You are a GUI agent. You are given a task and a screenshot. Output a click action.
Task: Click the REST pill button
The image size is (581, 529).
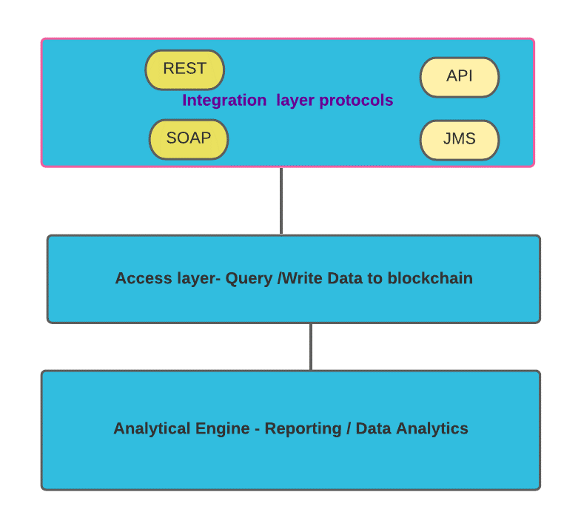(x=184, y=70)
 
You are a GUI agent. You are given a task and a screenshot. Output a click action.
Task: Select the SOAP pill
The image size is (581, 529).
(x=189, y=139)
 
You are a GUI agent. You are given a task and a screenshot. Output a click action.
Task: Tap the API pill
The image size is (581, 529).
(x=460, y=77)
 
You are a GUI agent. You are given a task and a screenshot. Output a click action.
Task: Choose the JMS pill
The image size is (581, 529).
(x=460, y=140)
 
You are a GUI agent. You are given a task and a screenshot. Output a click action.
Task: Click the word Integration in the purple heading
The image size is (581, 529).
(x=224, y=101)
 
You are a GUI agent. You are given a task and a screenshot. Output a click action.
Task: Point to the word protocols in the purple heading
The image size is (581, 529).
(x=356, y=101)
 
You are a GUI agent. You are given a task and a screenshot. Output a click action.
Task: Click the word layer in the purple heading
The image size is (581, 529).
(x=295, y=101)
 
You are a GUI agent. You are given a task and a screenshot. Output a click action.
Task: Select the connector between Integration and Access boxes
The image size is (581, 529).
(x=281, y=201)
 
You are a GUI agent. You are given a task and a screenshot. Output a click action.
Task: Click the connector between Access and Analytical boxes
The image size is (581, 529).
(x=311, y=347)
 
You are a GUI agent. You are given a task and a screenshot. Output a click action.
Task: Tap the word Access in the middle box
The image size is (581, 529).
(x=144, y=278)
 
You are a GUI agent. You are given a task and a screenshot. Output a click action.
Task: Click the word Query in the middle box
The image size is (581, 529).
(x=249, y=279)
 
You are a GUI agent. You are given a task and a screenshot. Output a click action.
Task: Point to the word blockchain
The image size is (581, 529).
(x=430, y=278)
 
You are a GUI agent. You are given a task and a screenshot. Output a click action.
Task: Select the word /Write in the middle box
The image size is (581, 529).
(x=300, y=278)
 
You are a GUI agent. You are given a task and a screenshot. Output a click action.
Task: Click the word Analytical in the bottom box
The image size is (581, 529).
(x=152, y=428)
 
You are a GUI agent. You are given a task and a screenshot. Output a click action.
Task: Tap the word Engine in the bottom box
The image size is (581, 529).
(x=223, y=429)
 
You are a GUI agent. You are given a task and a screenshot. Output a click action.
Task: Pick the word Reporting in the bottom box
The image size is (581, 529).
(x=303, y=429)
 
